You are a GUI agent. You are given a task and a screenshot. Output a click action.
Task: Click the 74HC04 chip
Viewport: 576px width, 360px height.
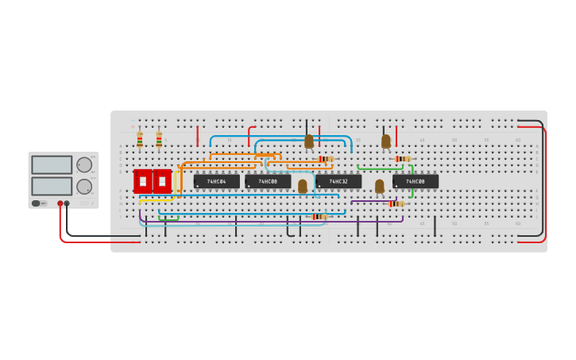[216, 181]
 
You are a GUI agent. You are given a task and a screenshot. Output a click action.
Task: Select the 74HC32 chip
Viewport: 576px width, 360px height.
[338, 181]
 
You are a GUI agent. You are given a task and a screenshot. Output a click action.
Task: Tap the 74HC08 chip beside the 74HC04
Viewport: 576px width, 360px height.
[268, 181]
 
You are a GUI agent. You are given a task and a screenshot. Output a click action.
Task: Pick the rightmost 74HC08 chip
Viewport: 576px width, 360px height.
[415, 181]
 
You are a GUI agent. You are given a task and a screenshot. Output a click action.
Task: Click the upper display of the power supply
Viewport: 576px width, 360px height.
[52, 165]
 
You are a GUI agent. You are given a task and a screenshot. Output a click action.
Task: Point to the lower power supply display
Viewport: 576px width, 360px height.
[52, 186]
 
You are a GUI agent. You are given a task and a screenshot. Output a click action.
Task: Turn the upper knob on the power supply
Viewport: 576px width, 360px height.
[83, 165]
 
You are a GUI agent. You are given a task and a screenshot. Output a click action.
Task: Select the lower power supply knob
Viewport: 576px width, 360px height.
[83, 187]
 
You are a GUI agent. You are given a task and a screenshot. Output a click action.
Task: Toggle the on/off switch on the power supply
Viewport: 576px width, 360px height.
[37, 203]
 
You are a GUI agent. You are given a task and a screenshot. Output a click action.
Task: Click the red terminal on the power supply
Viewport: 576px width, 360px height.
[60, 203]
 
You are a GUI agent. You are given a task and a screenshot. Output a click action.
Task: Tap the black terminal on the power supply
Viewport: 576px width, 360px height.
[67, 203]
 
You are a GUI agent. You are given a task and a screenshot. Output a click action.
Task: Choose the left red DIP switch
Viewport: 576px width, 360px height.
[143, 181]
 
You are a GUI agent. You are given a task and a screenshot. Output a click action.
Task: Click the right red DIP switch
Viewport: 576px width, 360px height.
[162, 181]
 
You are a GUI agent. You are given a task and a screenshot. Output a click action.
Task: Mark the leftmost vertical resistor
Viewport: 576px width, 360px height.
[140, 140]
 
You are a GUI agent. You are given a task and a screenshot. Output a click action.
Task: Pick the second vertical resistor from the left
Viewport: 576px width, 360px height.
[159, 140]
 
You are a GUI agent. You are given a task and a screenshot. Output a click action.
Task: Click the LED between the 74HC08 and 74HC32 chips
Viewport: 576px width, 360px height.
[303, 187]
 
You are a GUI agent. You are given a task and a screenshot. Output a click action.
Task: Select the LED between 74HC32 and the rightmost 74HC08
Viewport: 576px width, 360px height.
[380, 187]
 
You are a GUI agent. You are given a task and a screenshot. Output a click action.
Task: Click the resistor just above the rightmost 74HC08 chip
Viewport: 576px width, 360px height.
[403, 159]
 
